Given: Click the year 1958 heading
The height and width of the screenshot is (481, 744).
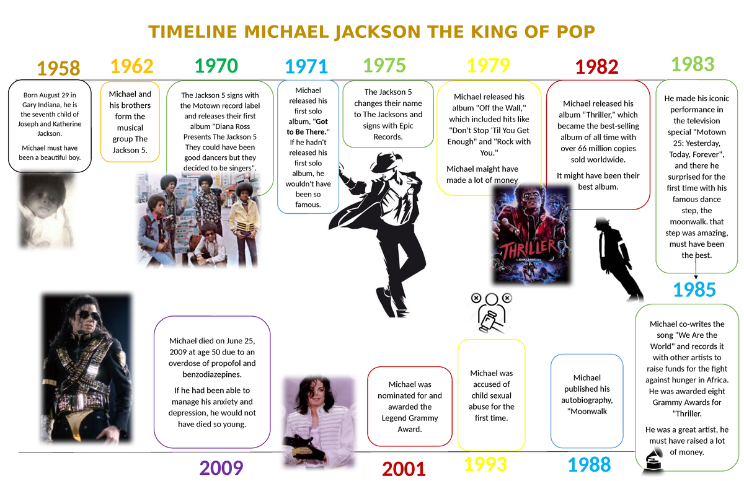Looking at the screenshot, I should coord(58,69).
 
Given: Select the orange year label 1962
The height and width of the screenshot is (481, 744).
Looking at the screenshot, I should coord(131,66).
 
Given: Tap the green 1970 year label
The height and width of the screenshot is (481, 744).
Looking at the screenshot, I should coord(216,66).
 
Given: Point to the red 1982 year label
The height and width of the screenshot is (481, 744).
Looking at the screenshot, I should coord(596,67).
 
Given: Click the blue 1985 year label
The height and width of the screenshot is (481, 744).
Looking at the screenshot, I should coord(694,289).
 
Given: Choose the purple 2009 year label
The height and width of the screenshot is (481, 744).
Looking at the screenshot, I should coord(221,468).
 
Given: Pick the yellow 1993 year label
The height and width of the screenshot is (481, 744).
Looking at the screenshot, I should coord(485,464).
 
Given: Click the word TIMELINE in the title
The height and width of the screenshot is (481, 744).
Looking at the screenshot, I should coord(193,32).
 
